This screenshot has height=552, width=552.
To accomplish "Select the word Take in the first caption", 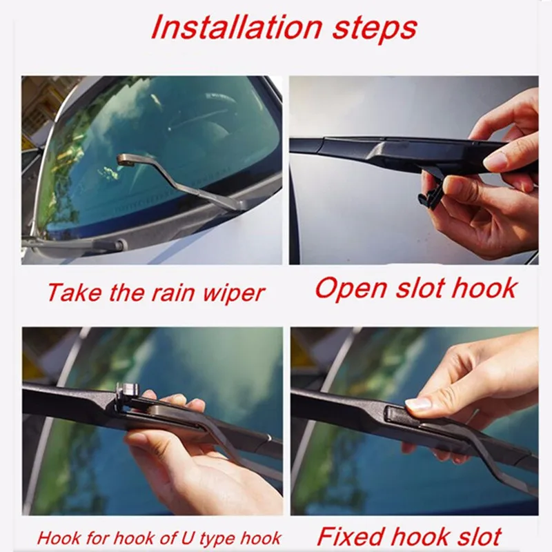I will tap(68, 292).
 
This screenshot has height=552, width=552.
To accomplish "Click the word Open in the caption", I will tap(349, 288).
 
